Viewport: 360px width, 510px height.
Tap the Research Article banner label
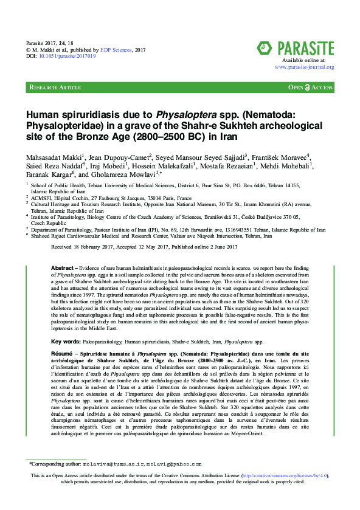(55, 88)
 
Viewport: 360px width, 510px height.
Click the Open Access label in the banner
(310, 88)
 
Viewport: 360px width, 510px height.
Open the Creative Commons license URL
(288, 492)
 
